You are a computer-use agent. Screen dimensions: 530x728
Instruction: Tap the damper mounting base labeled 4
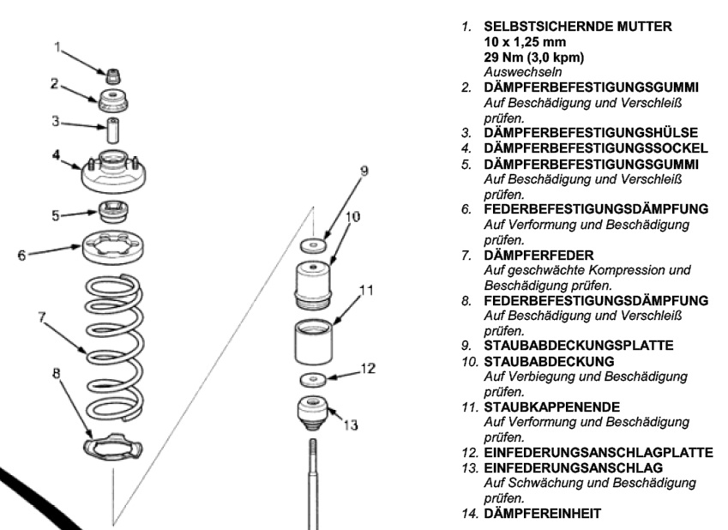(x=111, y=174)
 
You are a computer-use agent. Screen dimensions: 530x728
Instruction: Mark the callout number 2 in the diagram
(x=53, y=83)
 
